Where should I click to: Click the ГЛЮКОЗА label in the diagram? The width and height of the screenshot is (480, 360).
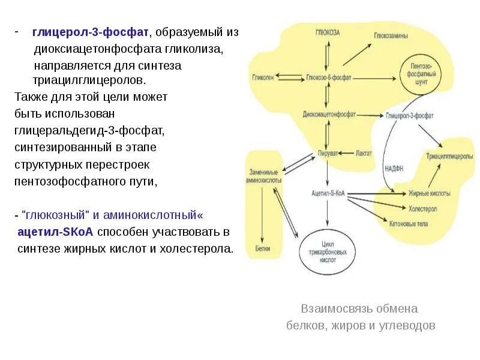328,33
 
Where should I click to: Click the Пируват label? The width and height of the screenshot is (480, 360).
327,152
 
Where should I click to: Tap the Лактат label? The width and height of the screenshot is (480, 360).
364,152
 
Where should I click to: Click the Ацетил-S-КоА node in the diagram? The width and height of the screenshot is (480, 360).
328,193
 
